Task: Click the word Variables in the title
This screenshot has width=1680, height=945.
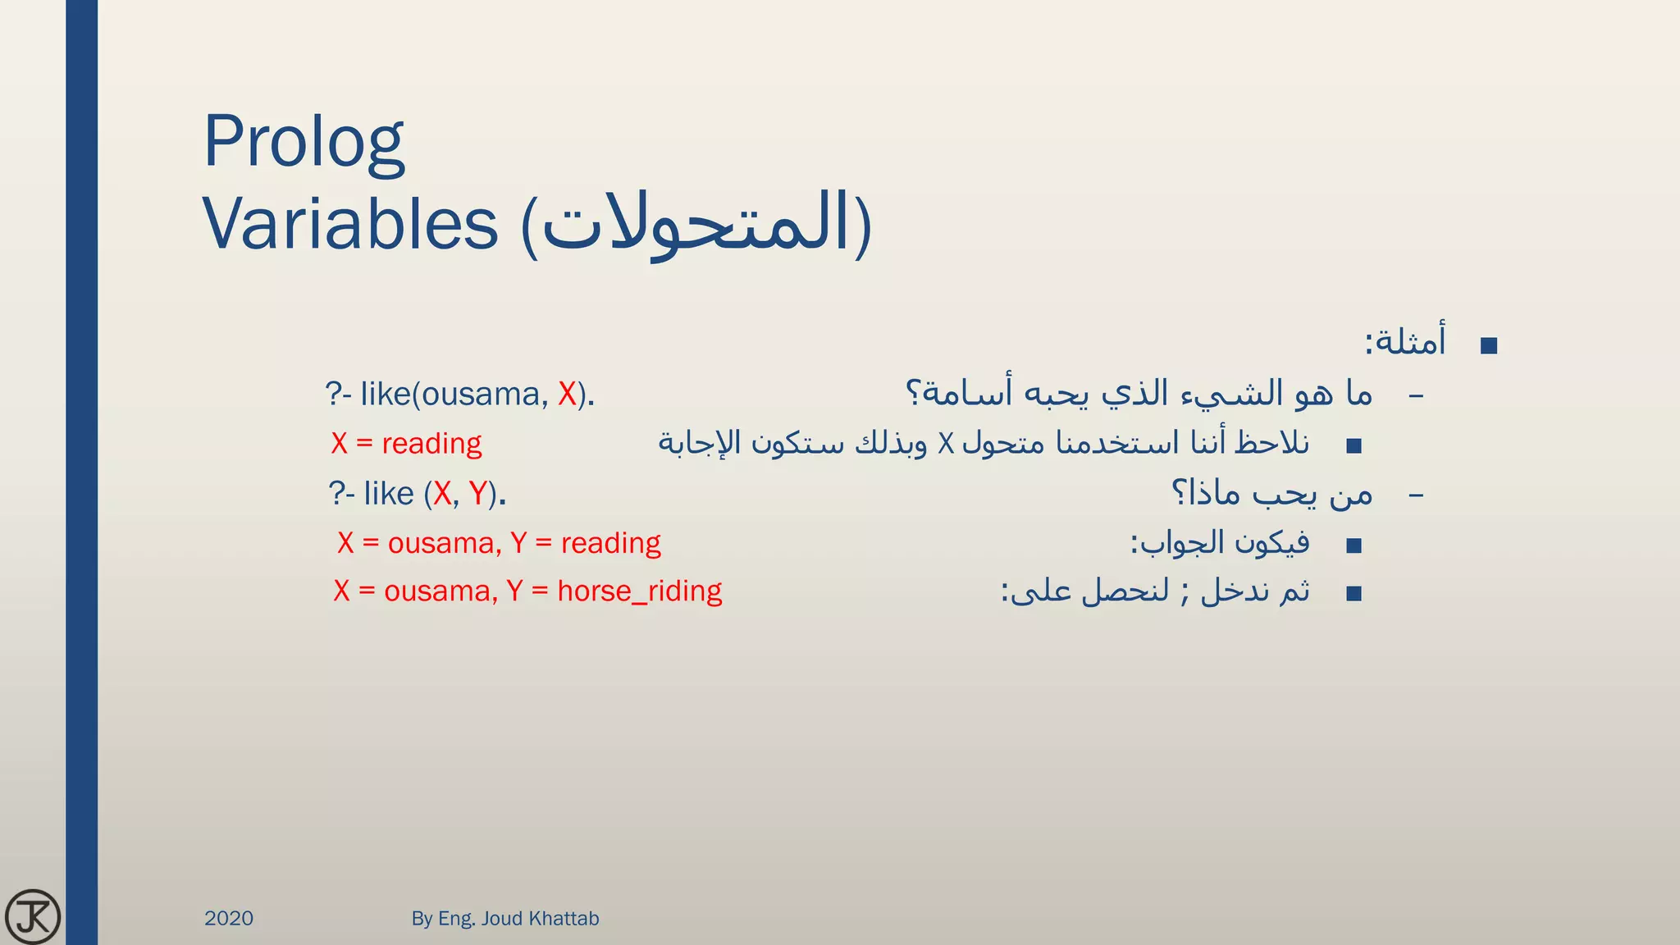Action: pos(350,224)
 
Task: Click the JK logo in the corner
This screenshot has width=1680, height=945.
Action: pos(32,916)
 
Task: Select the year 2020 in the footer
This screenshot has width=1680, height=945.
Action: pos(229,918)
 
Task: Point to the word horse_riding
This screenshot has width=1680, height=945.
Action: pos(639,591)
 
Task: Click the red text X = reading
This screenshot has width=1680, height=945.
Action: pos(406,443)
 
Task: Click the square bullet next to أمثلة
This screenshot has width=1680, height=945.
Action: pos(1489,345)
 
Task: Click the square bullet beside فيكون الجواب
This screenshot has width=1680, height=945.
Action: pos(1354,546)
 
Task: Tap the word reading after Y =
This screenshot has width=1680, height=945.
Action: pos(610,543)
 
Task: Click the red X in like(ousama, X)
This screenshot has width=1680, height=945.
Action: pos(567,395)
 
